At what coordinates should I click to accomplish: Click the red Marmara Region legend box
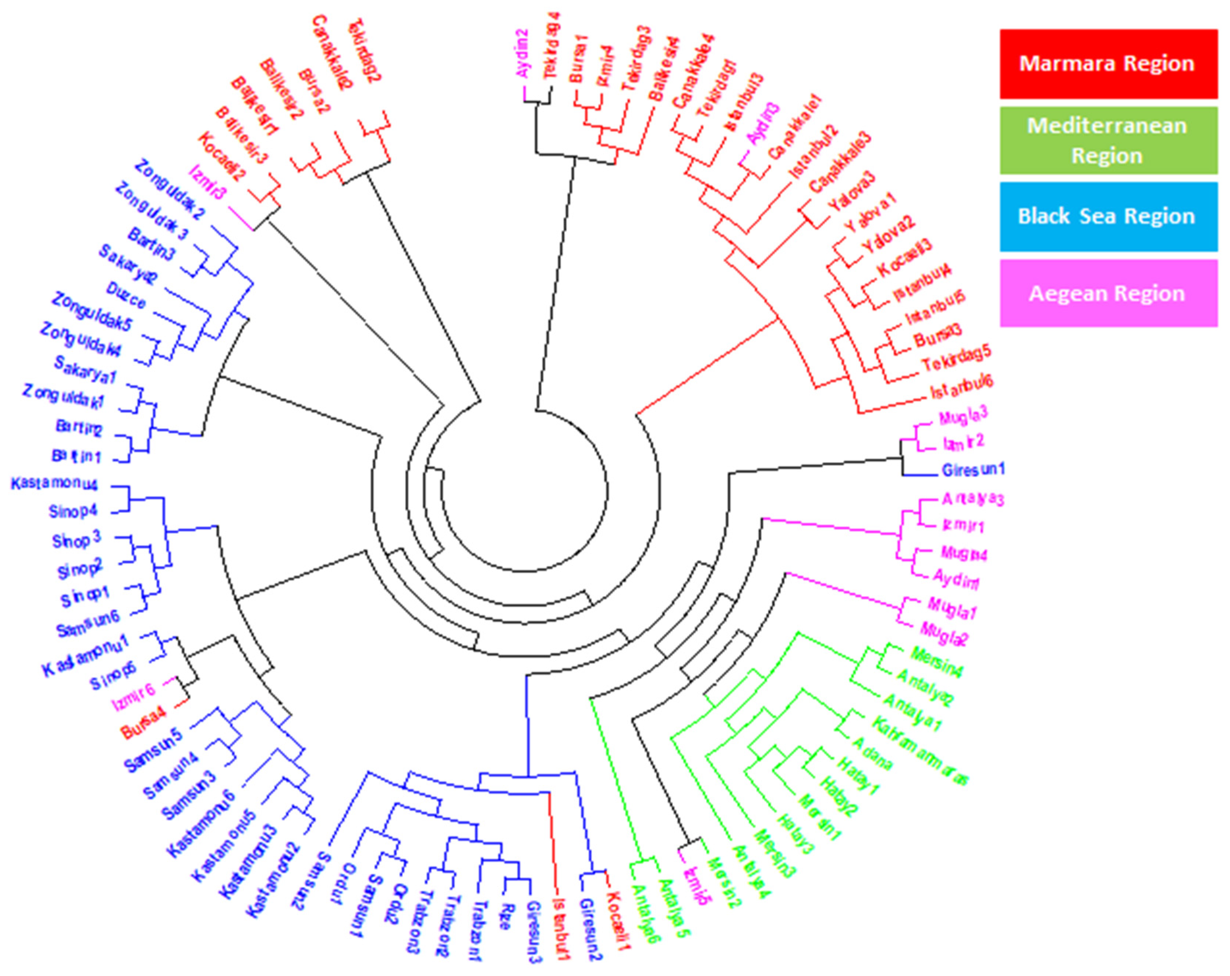point(1107,64)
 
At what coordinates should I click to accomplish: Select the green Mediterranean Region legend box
point(1107,140)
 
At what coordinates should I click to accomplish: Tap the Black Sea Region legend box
point(1107,217)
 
